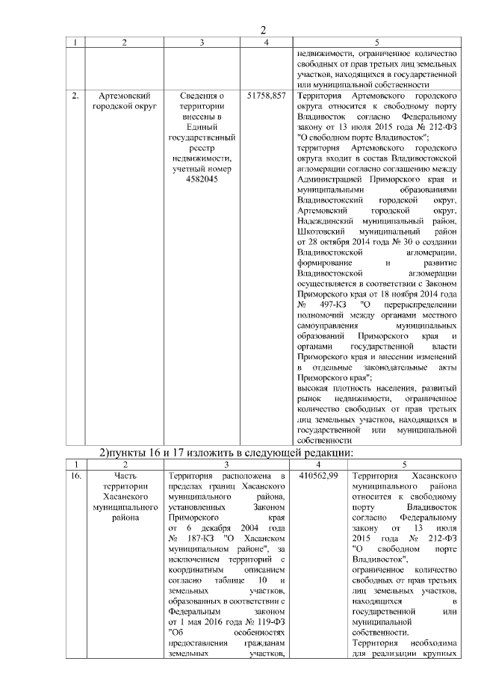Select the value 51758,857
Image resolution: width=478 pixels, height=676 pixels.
click(266, 96)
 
